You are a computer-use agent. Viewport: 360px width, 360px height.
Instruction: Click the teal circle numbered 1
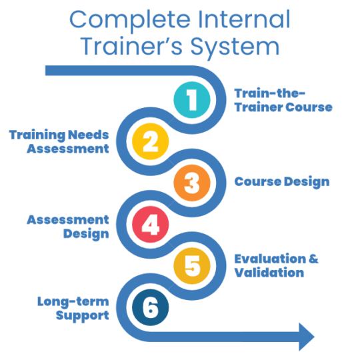click(x=192, y=100)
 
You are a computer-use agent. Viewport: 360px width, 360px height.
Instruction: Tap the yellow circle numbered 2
click(x=151, y=141)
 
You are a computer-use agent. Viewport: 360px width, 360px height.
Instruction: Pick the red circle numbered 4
click(x=151, y=225)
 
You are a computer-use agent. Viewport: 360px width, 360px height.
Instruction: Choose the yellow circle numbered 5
click(x=192, y=266)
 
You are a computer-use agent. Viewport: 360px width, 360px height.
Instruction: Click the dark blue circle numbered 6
click(x=151, y=308)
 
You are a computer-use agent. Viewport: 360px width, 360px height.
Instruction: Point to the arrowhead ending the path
click(x=306, y=336)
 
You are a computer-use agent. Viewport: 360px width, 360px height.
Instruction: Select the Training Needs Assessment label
click(x=59, y=141)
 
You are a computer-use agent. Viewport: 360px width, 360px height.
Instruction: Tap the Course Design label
click(x=281, y=182)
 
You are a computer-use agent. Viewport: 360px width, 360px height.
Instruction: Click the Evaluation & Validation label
click(x=276, y=265)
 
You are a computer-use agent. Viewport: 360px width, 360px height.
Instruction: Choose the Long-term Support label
click(x=73, y=308)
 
